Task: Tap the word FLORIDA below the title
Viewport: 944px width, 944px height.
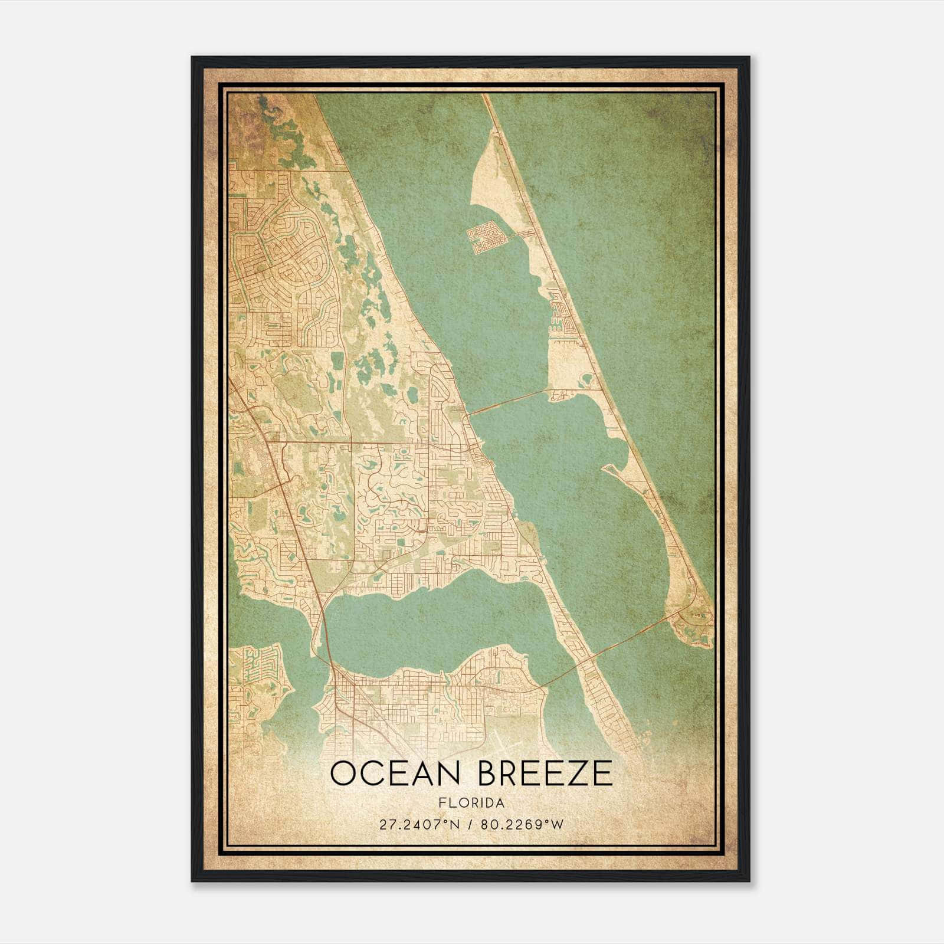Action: point(471,803)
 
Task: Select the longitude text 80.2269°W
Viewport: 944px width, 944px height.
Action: point(522,824)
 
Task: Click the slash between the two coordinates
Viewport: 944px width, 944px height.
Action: point(470,824)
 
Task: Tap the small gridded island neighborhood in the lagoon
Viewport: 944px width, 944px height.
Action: point(487,238)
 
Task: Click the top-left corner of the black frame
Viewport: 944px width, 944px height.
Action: point(193,58)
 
